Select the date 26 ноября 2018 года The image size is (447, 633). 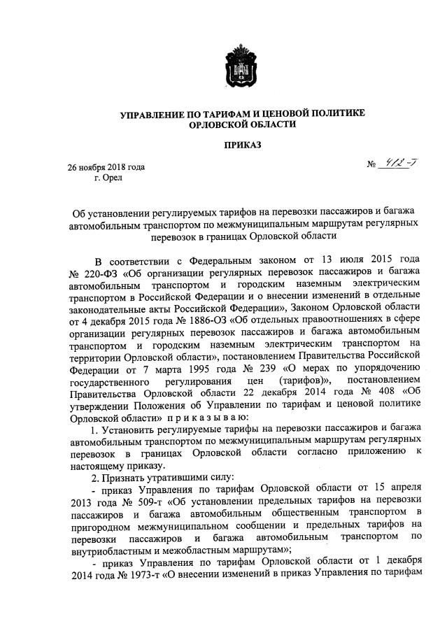(106, 168)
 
